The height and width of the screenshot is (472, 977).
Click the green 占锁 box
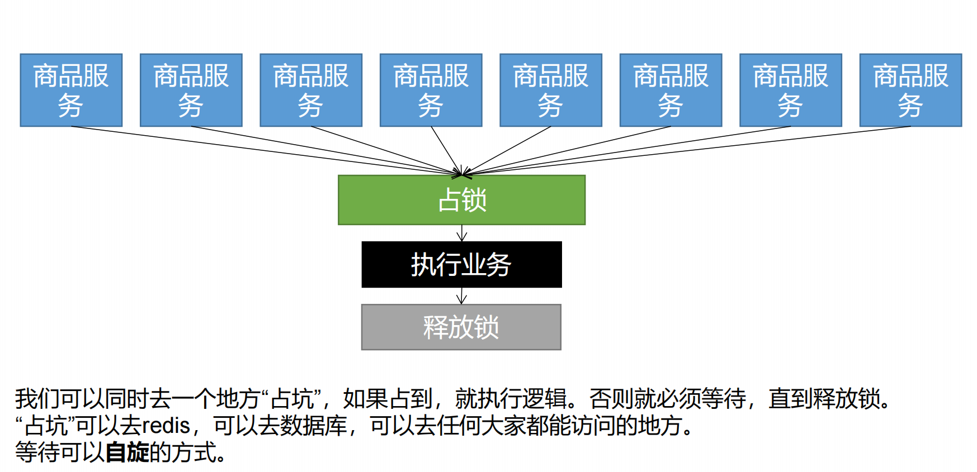(461, 200)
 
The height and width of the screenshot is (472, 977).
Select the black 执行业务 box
(461, 265)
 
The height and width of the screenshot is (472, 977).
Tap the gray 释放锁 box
(461, 327)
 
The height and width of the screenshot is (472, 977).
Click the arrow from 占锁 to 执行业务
(462, 233)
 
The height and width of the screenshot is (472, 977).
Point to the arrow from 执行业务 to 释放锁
(462, 296)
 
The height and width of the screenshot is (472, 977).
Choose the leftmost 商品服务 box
(71, 90)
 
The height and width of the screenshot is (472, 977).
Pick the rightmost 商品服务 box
(910, 90)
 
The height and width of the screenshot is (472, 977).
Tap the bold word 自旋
(128, 452)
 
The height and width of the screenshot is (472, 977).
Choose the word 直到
(791, 399)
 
